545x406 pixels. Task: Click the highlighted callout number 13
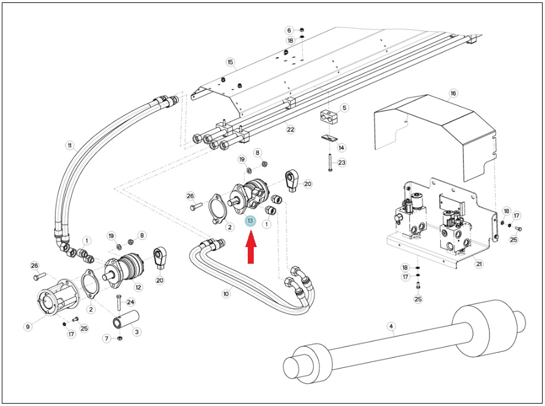tap(250, 221)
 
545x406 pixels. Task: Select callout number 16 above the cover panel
tap(453, 93)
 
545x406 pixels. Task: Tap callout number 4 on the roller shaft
tap(391, 326)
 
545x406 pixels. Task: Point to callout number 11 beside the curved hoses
tap(70, 145)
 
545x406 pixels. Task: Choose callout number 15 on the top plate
tap(230, 62)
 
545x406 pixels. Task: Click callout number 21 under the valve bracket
tap(479, 264)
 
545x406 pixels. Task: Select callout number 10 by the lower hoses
tap(226, 294)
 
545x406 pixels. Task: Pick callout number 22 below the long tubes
tap(291, 129)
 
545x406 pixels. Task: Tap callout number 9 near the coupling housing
tap(28, 326)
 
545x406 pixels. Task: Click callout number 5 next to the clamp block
tap(344, 108)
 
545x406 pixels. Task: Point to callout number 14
tap(342, 148)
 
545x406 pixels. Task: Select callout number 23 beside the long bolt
tap(342, 163)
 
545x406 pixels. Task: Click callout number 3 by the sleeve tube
tap(136, 332)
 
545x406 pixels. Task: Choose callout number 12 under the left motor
tap(138, 287)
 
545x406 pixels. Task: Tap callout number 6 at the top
tap(289, 30)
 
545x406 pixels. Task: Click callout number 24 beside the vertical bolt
tap(130, 302)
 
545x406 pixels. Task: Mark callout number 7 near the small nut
tap(107, 338)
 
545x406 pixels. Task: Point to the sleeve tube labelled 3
tap(126, 320)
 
